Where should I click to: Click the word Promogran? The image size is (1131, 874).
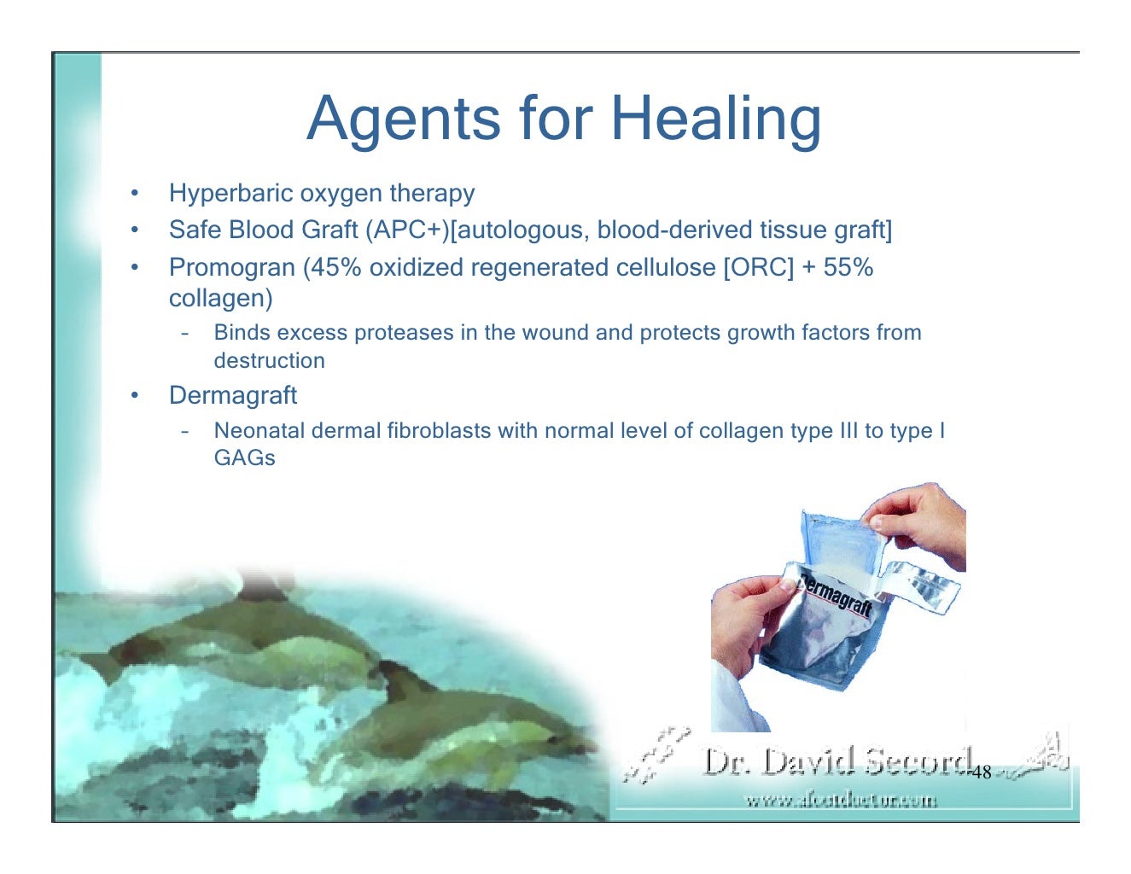(232, 268)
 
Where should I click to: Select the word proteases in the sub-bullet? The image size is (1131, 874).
(406, 333)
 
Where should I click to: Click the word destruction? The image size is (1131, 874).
(269, 361)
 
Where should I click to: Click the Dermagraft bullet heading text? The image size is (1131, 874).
(233, 395)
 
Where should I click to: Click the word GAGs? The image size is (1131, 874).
(244, 458)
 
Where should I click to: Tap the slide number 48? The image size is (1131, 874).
(982, 772)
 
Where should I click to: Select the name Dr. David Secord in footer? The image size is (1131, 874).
(837, 760)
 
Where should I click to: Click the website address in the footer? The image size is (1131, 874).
(841, 801)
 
